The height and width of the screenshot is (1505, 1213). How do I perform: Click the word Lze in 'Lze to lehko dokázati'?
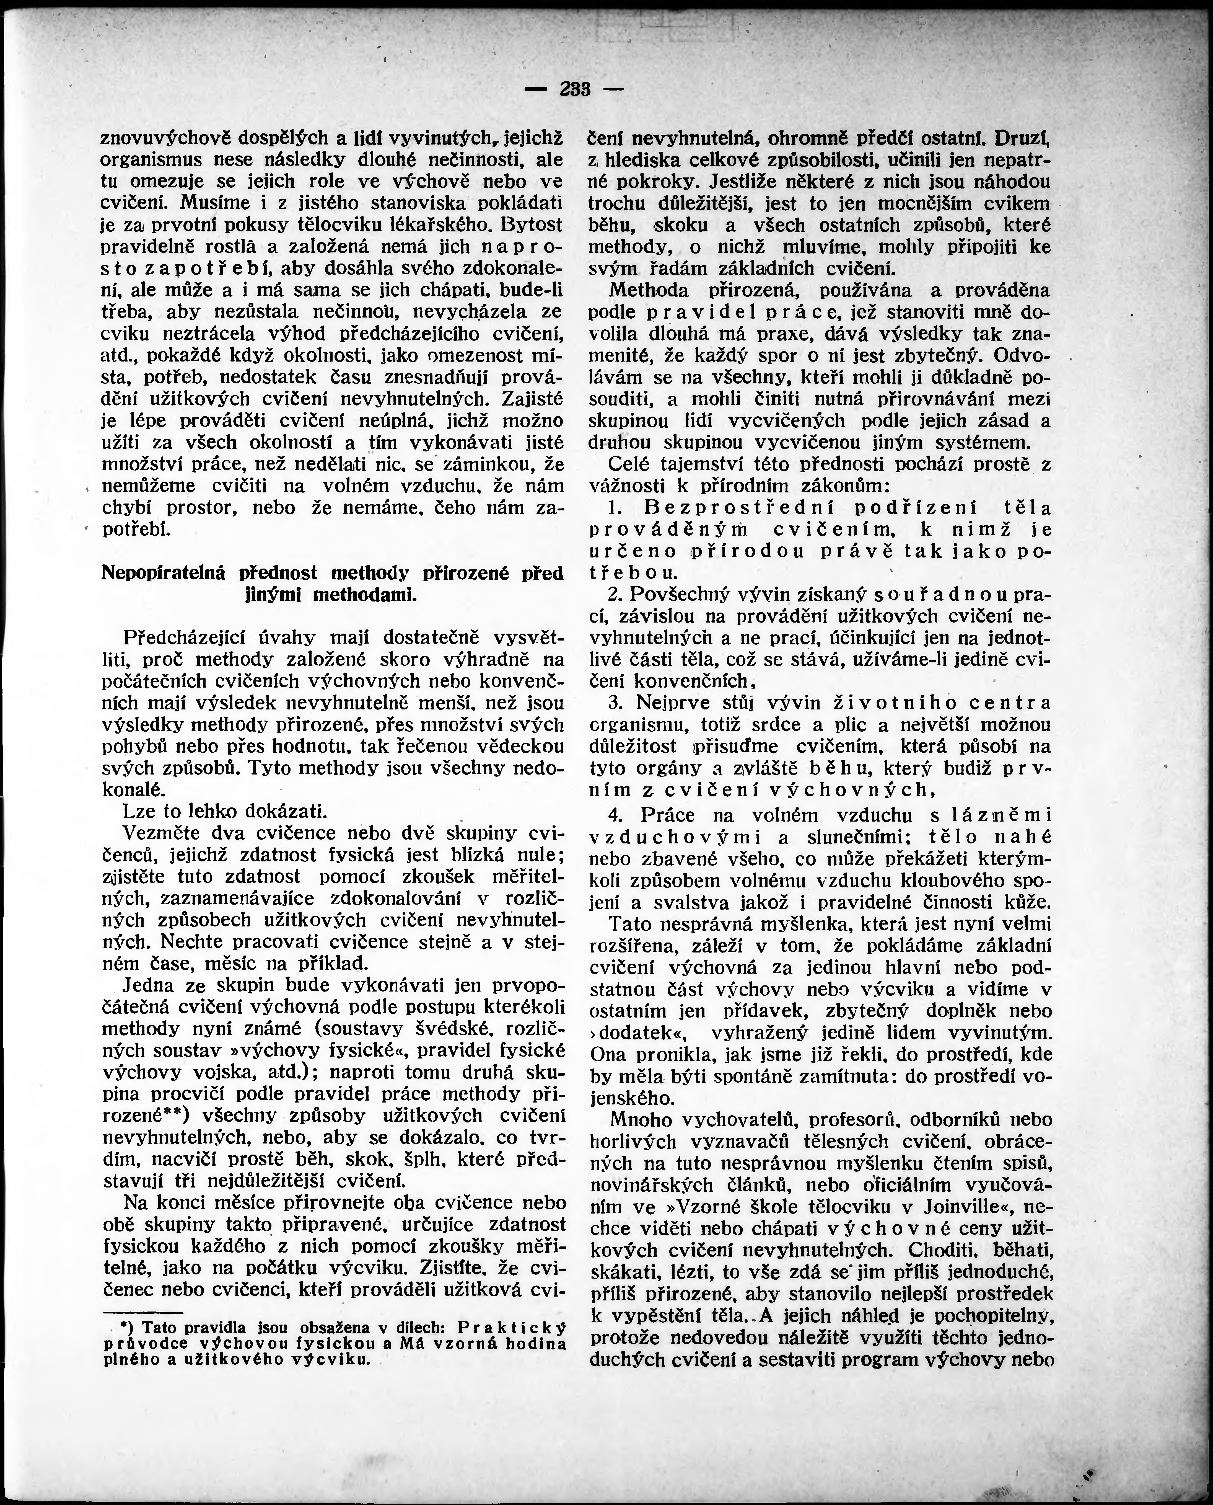[x=138, y=812]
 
